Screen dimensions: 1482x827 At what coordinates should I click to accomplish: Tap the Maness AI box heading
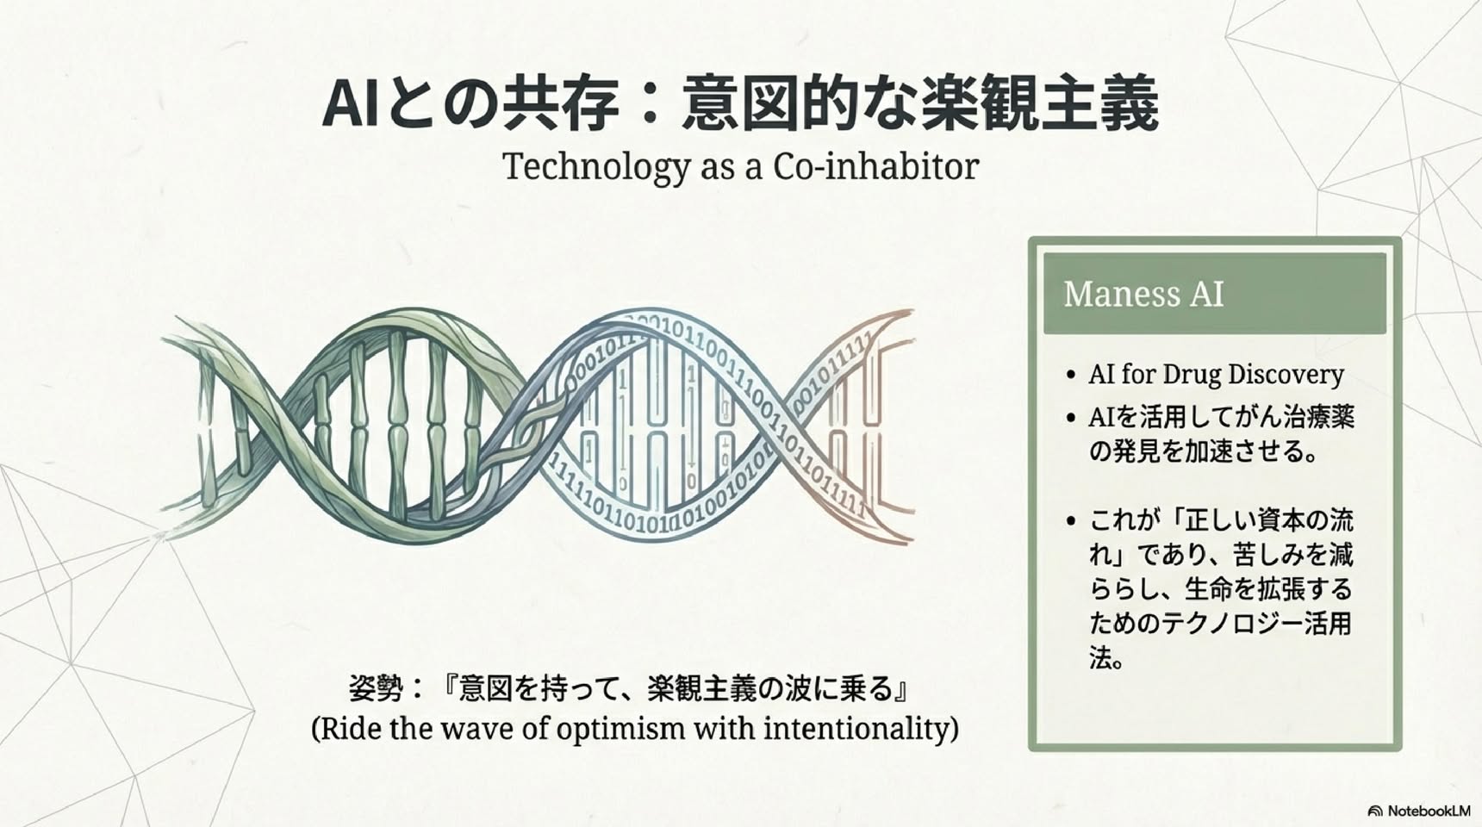1143,294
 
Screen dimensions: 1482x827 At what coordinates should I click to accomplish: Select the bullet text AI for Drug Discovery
1216,375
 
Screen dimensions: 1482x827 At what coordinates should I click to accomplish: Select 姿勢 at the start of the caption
377,688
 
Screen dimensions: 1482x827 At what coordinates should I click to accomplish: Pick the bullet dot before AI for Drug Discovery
1071,376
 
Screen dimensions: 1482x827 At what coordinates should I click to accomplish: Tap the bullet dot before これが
1071,521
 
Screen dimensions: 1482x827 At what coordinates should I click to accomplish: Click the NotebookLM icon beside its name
1375,811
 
